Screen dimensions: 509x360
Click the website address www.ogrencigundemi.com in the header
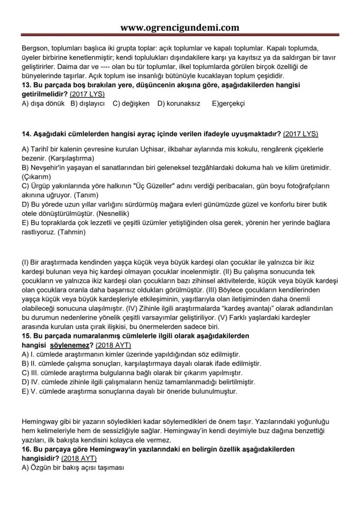pos(180,28)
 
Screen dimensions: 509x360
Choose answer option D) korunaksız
pos(179,103)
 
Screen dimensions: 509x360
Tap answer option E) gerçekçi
pos(228,103)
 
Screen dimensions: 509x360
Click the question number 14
pos(26,133)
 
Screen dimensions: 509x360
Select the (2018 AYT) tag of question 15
pos(113,345)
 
